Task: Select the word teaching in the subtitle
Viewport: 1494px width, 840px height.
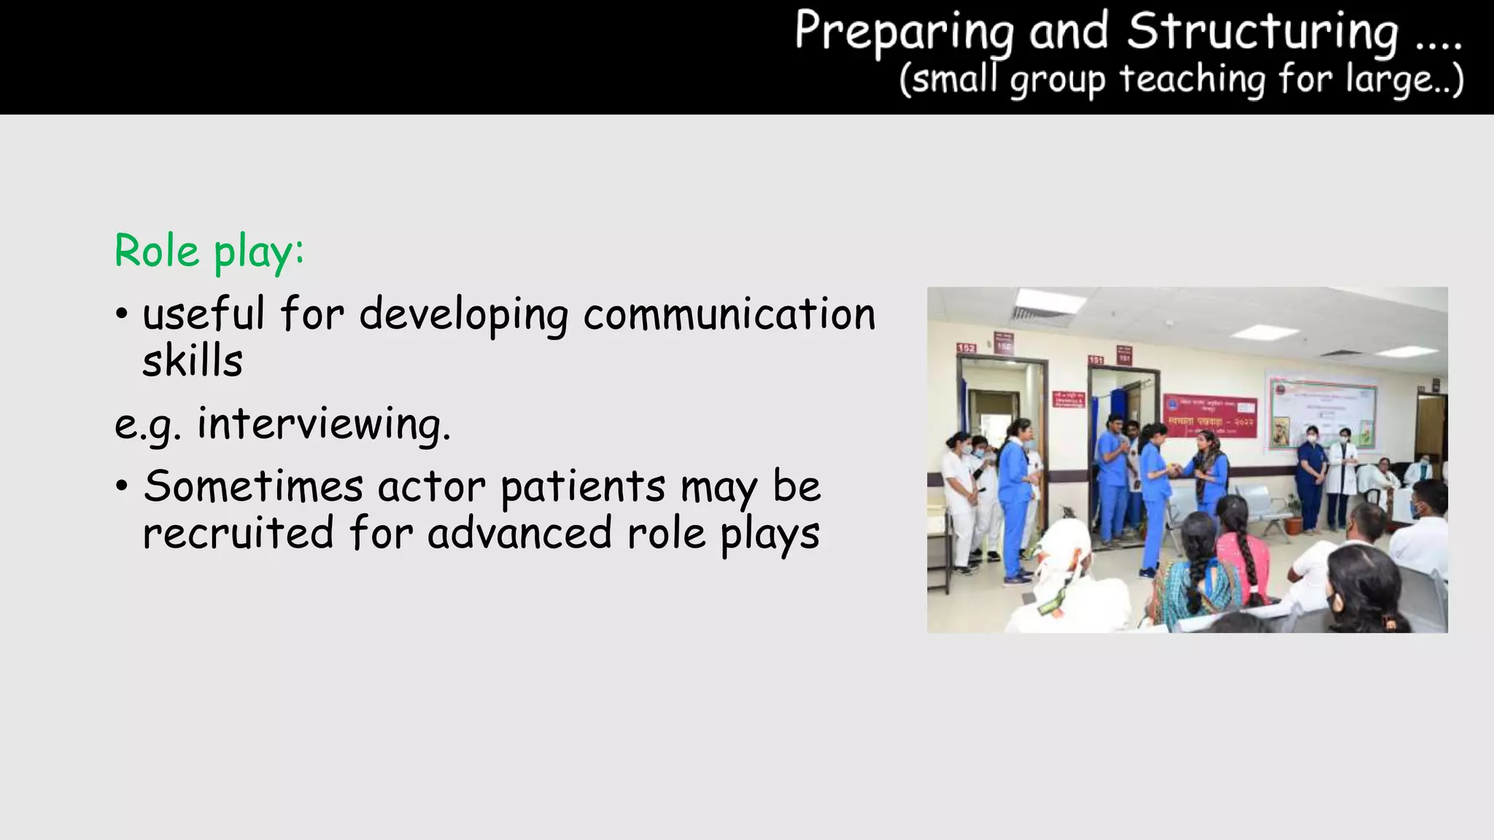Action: [1192, 79]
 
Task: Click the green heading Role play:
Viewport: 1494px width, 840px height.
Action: [209, 252]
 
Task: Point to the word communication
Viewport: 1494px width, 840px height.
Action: [729, 314]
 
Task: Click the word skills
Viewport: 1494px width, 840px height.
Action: [193, 362]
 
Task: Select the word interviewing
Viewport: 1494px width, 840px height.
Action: [323, 424]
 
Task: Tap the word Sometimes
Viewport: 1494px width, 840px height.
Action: [252, 486]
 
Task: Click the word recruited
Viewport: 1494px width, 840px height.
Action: [238, 533]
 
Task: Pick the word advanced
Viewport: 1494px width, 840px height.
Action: [519, 533]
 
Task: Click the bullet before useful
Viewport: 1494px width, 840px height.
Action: [121, 316]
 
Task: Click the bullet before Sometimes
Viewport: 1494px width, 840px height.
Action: [121, 486]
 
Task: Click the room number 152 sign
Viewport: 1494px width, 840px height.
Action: [966, 348]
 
